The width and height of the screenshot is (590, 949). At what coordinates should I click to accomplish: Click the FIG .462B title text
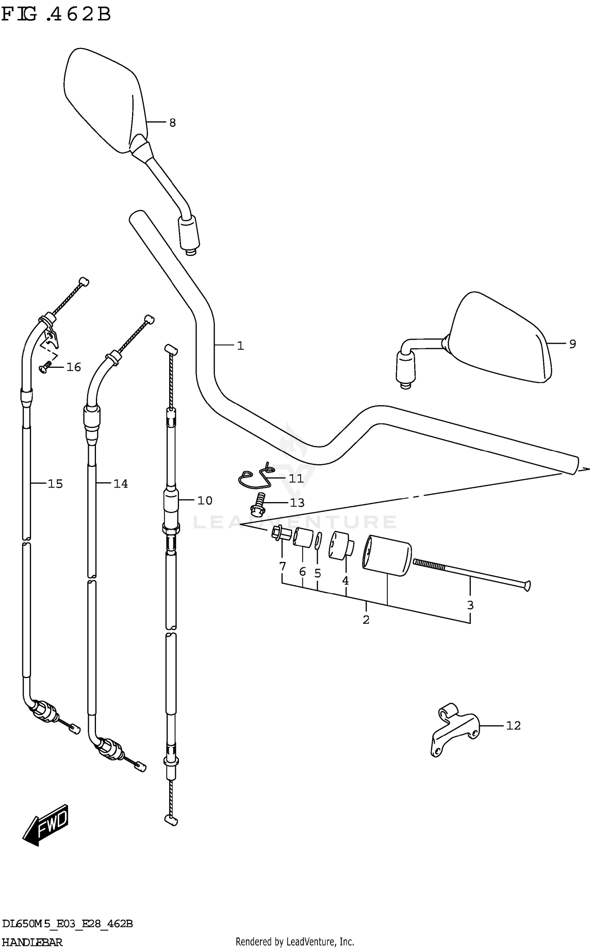(x=56, y=15)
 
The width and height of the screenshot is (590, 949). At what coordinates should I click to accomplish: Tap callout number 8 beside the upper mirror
(x=172, y=123)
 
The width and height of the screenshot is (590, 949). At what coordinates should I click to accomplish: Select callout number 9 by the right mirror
(x=573, y=344)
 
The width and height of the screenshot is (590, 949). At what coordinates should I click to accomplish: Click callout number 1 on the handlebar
(x=240, y=346)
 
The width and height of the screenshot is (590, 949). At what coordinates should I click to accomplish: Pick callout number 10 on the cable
(x=205, y=500)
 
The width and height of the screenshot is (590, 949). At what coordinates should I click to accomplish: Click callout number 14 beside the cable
(x=120, y=484)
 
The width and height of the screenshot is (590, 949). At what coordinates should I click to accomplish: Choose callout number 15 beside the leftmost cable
(x=55, y=484)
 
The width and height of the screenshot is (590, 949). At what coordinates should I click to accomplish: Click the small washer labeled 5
(x=318, y=541)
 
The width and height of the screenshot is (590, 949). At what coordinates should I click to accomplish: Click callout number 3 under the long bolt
(x=470, y=605)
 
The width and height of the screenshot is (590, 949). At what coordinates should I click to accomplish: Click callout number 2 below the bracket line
(x=366, y=620)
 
